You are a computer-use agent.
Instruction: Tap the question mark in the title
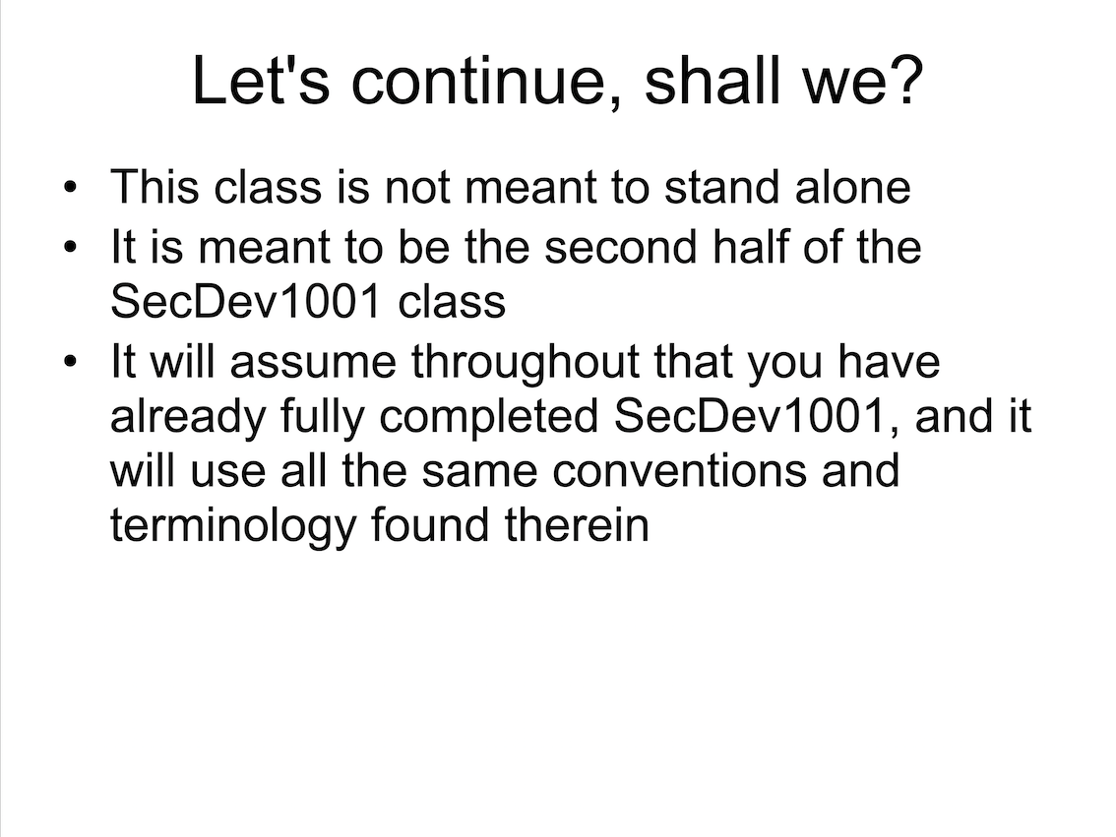click(x=906, y=79)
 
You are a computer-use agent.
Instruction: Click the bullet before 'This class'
click(x=69, y=188)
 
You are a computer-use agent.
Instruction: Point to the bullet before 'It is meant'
click(x=69, y=248)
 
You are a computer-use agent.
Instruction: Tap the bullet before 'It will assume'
click(x=69, y=361)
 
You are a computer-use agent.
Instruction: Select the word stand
click(x=722, y=187)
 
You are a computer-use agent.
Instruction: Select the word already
click(x=188, y=418)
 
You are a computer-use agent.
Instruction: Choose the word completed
click(x=489, y=418)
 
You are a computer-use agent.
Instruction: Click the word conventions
click(x=679, y=470)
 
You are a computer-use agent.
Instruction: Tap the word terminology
click(x=232, y=527)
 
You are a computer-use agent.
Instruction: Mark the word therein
click(x=577, y=525)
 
